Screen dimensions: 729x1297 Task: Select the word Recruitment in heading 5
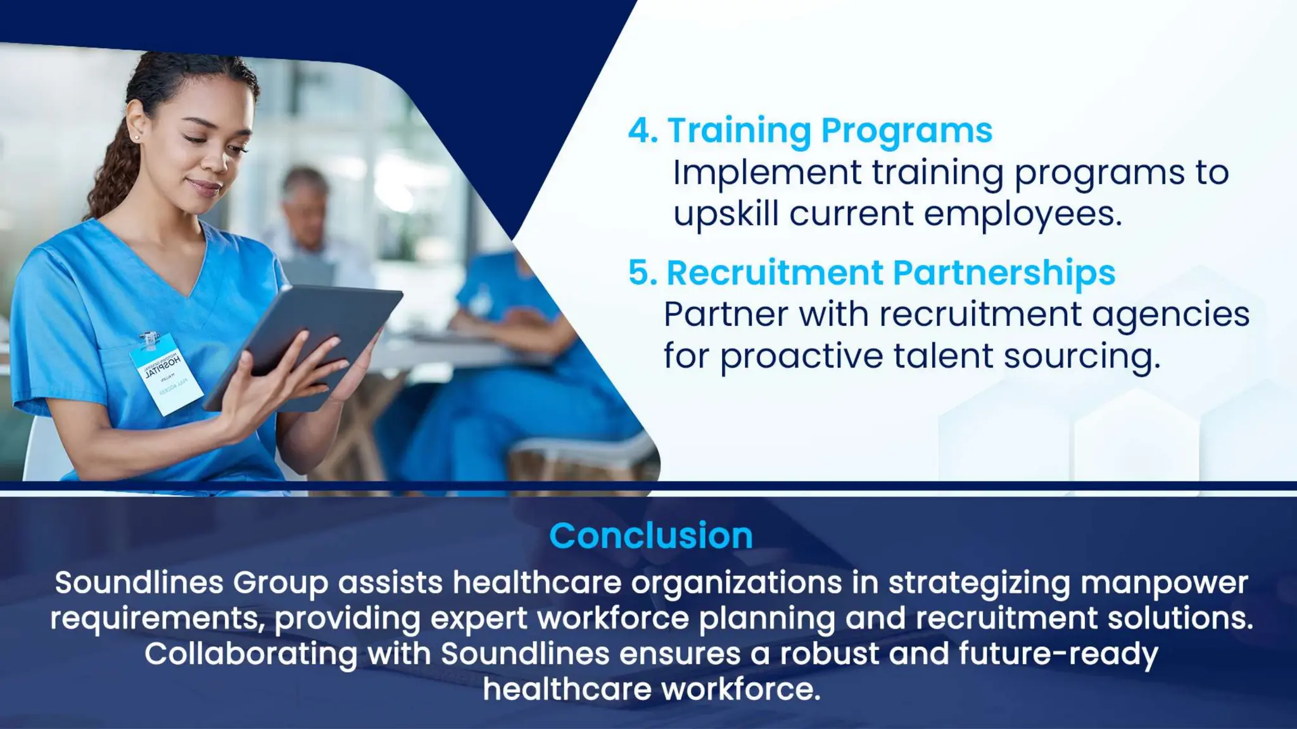[774, 273]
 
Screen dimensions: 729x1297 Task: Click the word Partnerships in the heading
[1004, 273]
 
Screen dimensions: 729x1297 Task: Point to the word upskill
[725, 214]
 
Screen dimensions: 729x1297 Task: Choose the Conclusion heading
[650, 535]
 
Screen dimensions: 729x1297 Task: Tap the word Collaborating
[251, 654]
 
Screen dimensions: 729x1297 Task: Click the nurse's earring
[136, 137]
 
